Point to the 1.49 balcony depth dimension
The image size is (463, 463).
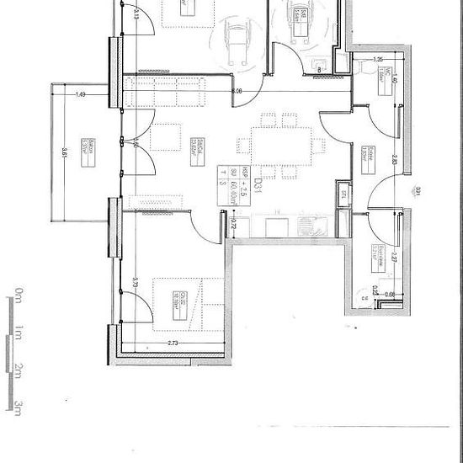coord(80,94)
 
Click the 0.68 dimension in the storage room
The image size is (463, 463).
coord(390,292)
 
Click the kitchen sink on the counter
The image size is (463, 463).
coord(304,226)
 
